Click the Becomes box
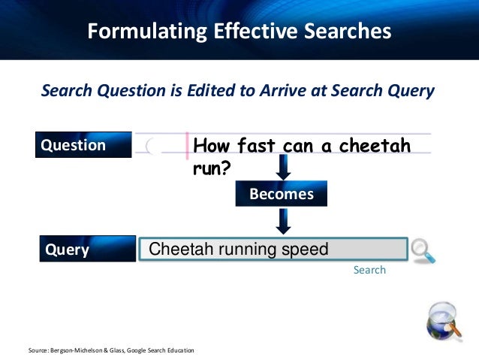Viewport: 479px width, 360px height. pyautogui.click(x=282, y=194)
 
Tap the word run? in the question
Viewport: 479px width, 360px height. pyautogui.click(x=211, y=168)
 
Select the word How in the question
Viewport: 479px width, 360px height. pyautogui.click(x=211, y=145)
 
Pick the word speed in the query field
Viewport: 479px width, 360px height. pyautogui.click(x=303, y=250)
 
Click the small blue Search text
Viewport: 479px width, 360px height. pyautogui.click(x=369, y=270)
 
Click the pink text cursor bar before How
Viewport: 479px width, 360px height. pyautogui.click(x=187, y=144)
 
